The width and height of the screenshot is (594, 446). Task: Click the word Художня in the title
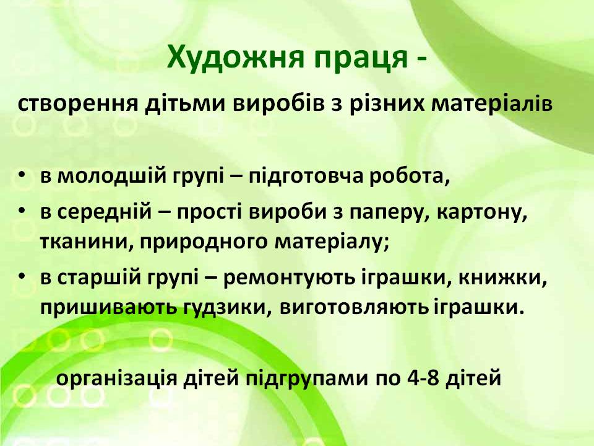pyautogui.click(x=236, y=58)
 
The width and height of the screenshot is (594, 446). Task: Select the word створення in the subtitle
pyautogui.click(x=78, y=103)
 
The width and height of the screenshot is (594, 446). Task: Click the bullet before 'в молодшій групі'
pyautogui.click(x=22, y=175)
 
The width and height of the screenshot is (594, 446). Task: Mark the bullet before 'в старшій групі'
pyautogui.click(x=22, y=276)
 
